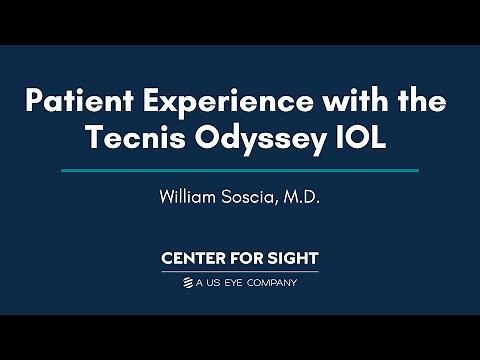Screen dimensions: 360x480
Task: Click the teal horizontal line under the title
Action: tap(240, 171)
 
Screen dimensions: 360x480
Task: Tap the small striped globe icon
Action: tap(187, 283)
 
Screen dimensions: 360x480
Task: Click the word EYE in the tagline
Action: tap(237, 283)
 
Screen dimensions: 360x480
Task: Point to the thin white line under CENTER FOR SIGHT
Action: tap(240, 272)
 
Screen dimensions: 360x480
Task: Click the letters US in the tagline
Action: tap(218, 283)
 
